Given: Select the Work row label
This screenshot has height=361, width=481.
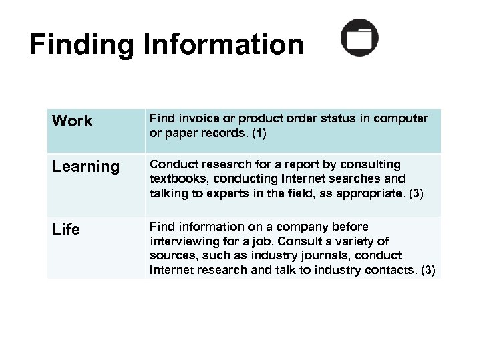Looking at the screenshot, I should coord(71,122).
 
